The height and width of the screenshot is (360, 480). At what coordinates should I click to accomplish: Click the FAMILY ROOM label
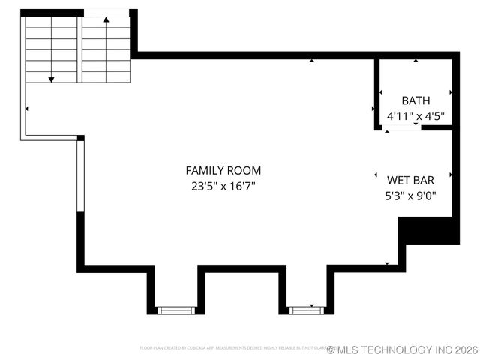[x=223, y=171]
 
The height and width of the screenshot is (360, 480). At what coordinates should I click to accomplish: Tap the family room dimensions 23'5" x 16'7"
[x=223, y=186]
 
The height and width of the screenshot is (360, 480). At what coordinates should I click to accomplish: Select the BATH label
[x=415, y=100]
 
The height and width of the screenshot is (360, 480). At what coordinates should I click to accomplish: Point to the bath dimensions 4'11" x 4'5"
[x=415, y=116]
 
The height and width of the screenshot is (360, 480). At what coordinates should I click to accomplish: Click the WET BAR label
[x=410, y=180]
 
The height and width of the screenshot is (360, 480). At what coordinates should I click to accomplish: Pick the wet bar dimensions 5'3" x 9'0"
[x=410, y=196]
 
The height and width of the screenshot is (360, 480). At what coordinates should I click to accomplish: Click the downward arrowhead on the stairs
[x=51, y=78]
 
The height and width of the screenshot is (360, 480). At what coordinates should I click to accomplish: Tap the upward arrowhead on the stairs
[x=106, y=19]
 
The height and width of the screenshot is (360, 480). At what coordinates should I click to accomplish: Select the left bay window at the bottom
[x=175, y=310]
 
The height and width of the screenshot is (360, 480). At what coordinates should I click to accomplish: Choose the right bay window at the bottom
[x=306, y=309]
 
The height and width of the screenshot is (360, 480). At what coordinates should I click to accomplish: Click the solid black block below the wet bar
[x=428, y=230]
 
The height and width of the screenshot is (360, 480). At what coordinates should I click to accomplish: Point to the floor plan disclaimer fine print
[x=232, y=348]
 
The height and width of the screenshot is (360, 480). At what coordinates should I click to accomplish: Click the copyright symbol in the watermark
[x=331, y=349]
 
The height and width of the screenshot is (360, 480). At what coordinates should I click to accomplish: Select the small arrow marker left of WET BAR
[x=376, y=175]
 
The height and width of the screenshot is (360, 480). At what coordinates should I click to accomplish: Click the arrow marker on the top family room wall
[x=311, y=60]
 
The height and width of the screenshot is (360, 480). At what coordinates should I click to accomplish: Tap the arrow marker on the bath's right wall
[x=451, y=92]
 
